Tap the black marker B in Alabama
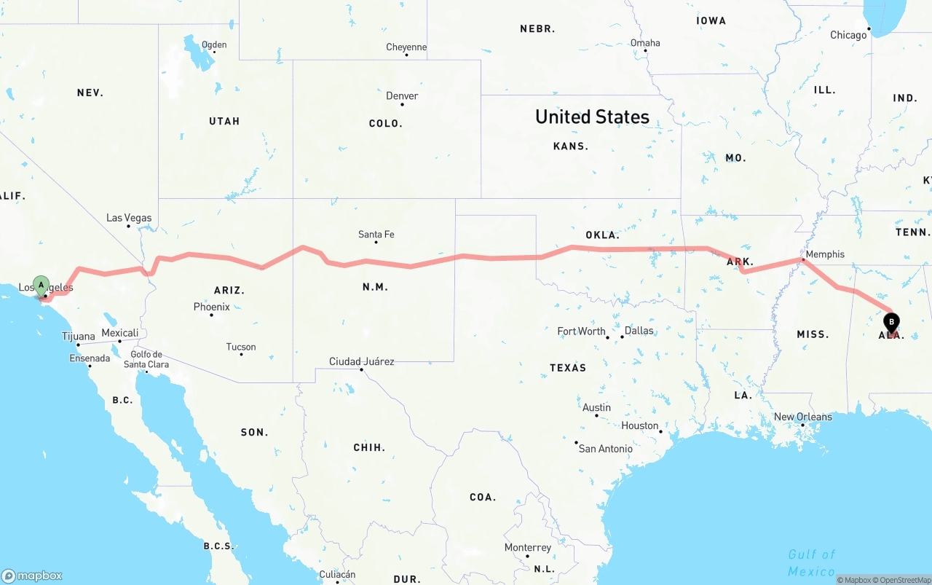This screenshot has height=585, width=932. [891, 321]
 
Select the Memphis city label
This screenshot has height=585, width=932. [825, 254]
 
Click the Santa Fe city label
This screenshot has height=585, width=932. [376, 235]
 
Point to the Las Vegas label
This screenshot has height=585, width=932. [129, 218]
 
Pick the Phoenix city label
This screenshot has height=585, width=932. [211, 307]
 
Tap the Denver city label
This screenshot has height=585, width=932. [402, 96]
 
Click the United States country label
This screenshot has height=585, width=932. [592, 117]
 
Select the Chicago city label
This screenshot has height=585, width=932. [848, 35]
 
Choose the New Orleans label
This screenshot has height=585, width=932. [802, 417]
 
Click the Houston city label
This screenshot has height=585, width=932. [639, 425]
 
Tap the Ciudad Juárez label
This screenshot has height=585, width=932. [361, 361]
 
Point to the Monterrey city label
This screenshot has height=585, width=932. [528, 547]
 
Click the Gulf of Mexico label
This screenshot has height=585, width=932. [811, 562]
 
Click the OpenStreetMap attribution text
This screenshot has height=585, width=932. [902, 580]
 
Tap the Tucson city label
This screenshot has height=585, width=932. [240, 347]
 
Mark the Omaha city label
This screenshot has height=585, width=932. [645, 43]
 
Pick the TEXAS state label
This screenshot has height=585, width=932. [568, 368]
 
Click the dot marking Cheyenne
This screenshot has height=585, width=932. [406, 55]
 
